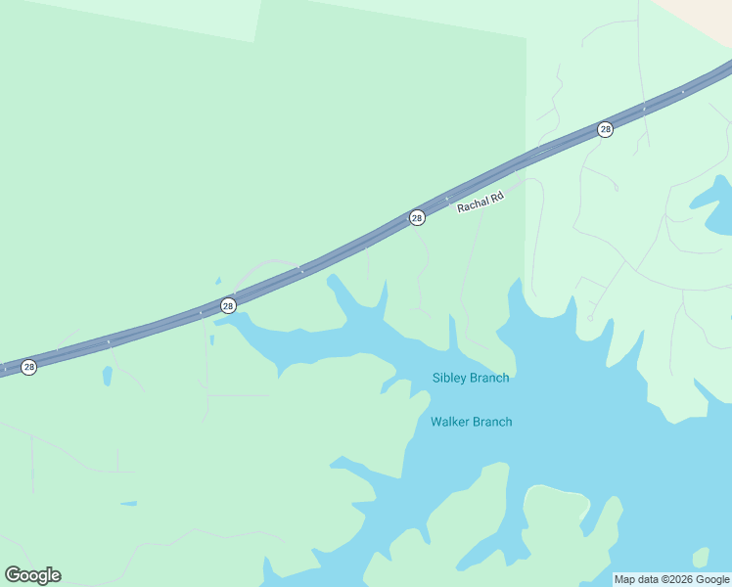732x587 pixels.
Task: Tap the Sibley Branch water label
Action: pos(471,378)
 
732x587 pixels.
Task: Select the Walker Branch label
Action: pos(471,422)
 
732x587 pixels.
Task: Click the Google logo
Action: pos(33,575)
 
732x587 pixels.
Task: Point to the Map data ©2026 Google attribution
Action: pos(671,579)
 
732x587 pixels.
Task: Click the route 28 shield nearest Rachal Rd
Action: pos(417,217)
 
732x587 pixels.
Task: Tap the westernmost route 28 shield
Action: pos(29,367)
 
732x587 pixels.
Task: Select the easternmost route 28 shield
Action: pos(606,129)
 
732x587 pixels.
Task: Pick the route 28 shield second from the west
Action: pos(228,306)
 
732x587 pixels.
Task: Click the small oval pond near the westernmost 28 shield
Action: pos(106,376)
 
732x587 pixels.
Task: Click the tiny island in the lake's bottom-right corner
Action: pos(700,558)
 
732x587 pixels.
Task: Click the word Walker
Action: pos(450,422)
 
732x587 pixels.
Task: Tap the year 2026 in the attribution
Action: pos(663,579)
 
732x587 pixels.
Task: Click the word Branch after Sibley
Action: pos(489,378)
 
